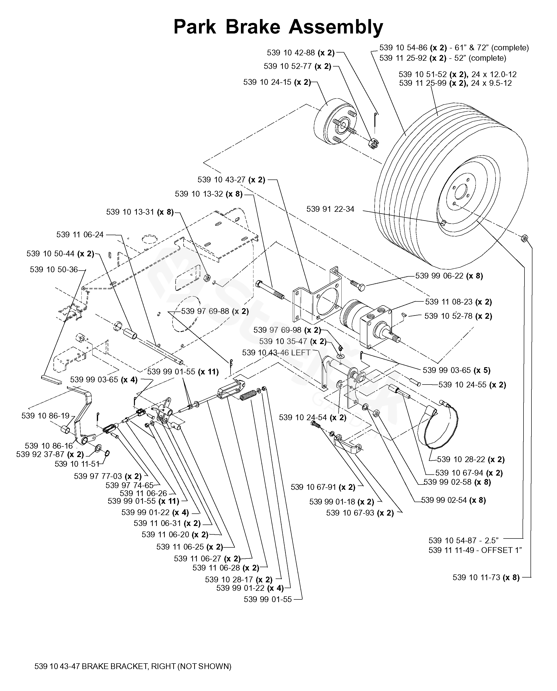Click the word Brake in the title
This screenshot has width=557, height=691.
tap(253, 27)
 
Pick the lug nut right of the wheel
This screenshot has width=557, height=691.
tap(524, 238)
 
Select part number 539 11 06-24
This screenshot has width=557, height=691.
tap(80, 235)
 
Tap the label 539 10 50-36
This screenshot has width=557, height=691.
tap(54, 269)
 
